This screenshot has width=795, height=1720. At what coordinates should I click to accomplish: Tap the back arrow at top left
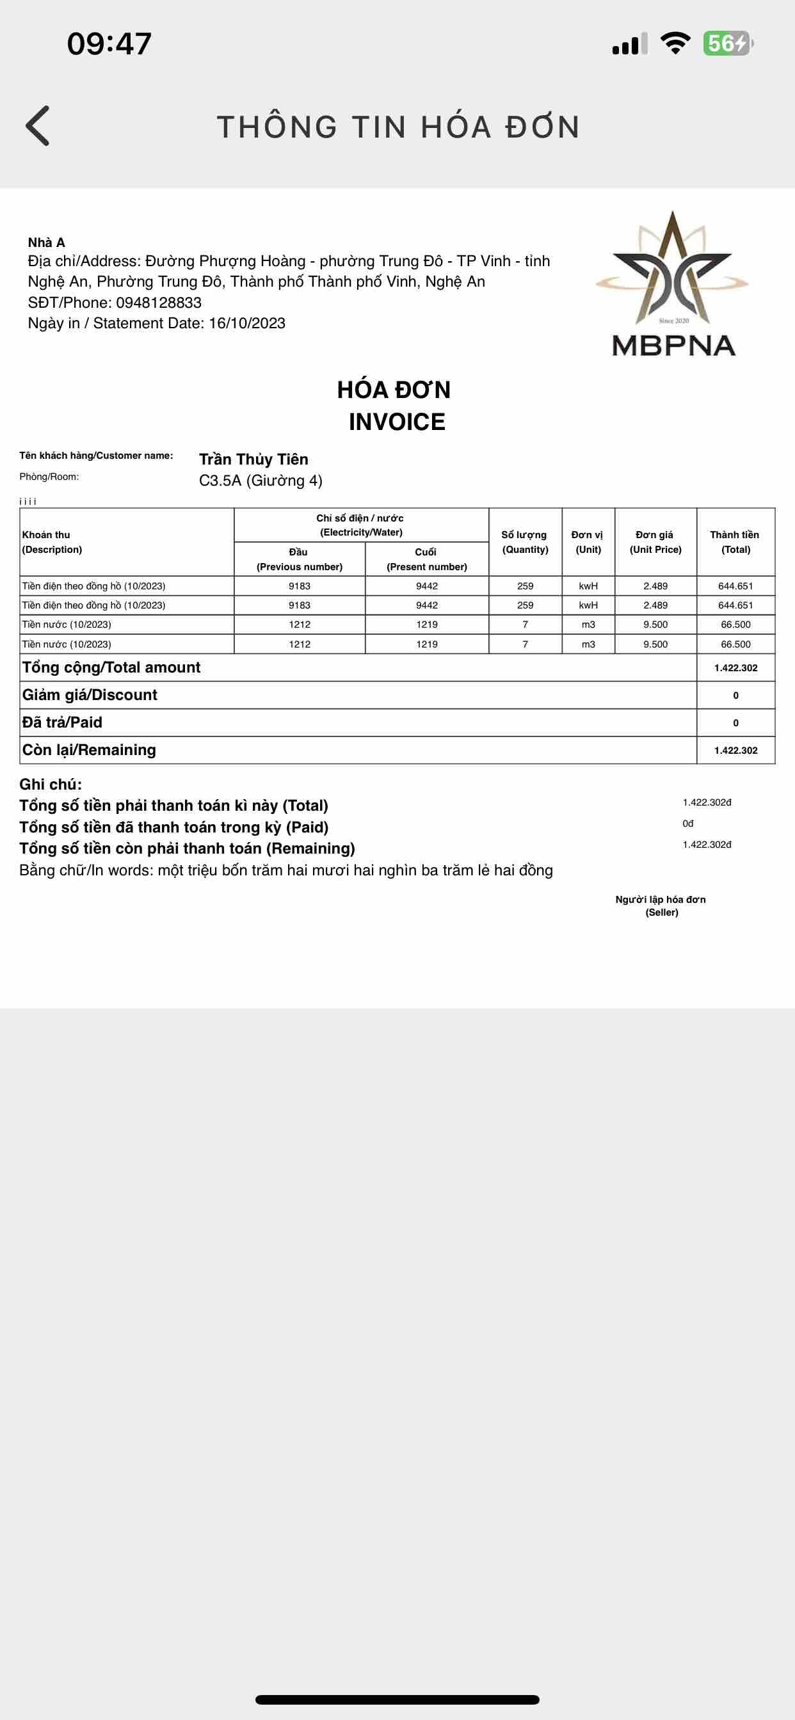pyautogui.click(x=38, y=125)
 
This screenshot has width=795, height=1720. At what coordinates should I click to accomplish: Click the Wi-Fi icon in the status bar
pyautogui.click(x=675, y=44)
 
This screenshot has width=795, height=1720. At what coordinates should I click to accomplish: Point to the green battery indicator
pyautogui.click(x=727, y=44)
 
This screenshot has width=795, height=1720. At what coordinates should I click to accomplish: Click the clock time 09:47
pyautogui.click(x=109, y=44)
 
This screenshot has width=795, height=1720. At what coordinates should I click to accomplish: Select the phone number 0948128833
pyautogui.click(x=159, y=303)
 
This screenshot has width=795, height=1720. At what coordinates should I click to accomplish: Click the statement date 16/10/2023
pyautogui.click(x=247, y=323)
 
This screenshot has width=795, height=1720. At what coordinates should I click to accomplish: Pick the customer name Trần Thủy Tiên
pyautogui.click(x=254, y=459)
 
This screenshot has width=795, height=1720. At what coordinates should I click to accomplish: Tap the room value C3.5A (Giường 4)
pyautogui.click(x=261, y=481)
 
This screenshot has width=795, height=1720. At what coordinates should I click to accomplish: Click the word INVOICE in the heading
pyautogui.click(x=397, y=422)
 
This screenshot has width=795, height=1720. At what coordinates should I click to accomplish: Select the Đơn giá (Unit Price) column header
pyautogui.click(x=655, y=542)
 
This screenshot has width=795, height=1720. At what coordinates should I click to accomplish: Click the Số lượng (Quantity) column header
pyautogui.click(x=525, y=542)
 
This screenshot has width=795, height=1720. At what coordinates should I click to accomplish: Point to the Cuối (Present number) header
pyautogui.click(x=427, y=559)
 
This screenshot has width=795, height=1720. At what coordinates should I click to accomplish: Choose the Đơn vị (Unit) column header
pyautogui.click(x=588, y=542)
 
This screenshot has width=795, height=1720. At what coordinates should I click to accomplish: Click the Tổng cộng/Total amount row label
pyautogui.click(x=111, y=667)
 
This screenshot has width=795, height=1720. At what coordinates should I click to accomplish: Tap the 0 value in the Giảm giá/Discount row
pyautogui.click(x=735, y=696)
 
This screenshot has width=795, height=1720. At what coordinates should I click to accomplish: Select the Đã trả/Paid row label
pyautogui.click(x=62, y=722)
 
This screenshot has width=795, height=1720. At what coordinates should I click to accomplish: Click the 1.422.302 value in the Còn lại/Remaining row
pyautogui.click(x=735, y=751)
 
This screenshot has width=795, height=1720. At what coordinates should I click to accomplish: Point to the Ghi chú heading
pyautogui.click(x=51, y=784)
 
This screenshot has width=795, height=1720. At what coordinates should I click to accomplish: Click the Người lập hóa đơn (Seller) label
pyautogui.click(x=661, y=906)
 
